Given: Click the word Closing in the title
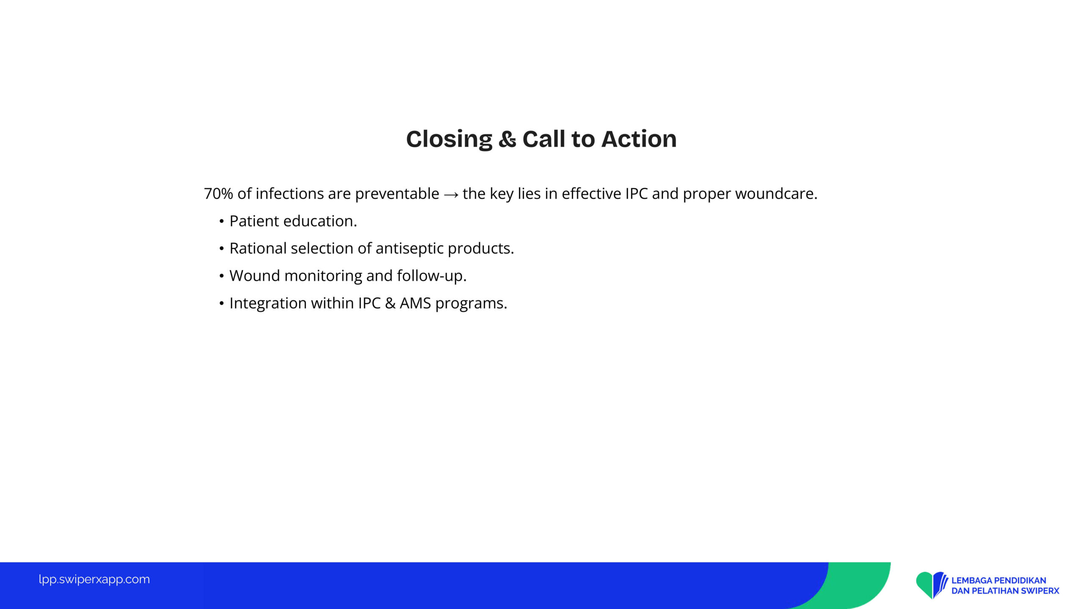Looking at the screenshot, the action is click(449, 140).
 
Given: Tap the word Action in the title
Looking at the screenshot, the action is click(639, 139).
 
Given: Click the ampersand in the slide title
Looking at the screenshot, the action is click(507, 140).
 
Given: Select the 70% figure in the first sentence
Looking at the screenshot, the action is click(218, 194).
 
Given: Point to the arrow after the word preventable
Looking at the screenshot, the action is click(451, 195).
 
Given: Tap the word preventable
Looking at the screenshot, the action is click(397, 194).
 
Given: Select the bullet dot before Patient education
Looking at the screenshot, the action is click(221, 222).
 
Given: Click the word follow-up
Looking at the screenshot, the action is click(432, 276).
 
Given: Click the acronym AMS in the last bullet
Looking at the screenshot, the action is click(415, 303).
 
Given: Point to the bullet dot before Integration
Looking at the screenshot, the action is click(221, 304).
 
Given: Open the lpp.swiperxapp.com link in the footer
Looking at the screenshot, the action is click(94, 579).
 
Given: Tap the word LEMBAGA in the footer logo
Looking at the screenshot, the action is click(969, 581).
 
